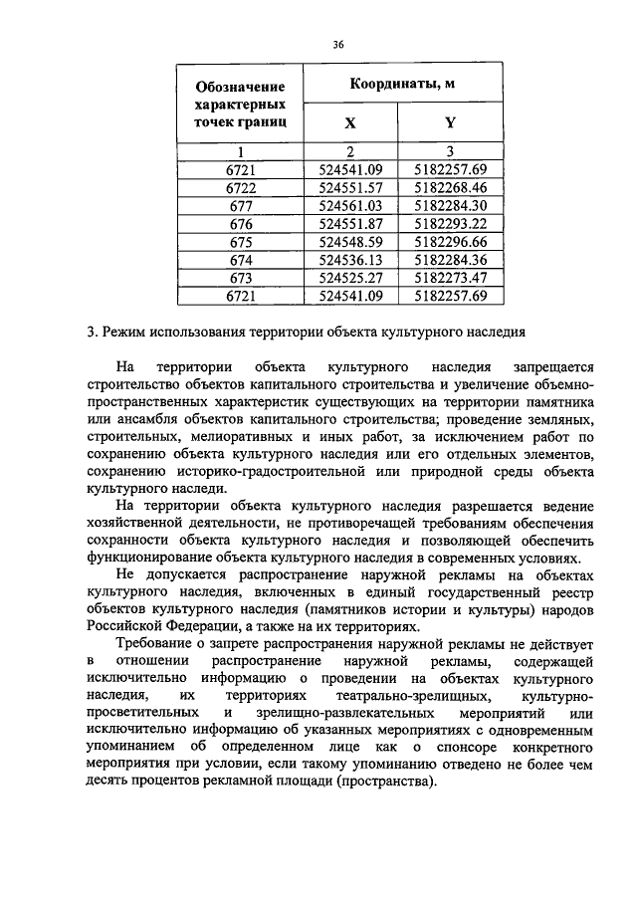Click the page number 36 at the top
[337, 43]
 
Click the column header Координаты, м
[394, 84]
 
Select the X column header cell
[349, 123]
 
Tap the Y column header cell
[450, 123]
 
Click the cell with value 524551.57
[349, 187]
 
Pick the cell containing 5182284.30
[450, 205]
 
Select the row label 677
[241, 205]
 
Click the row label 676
[241, 224]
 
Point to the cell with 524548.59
[349, 242]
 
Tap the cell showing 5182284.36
[450, 260]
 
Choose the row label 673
[241, 278]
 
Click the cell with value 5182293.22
[450, 224]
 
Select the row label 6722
[241, 187]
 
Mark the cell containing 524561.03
[349, 205]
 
